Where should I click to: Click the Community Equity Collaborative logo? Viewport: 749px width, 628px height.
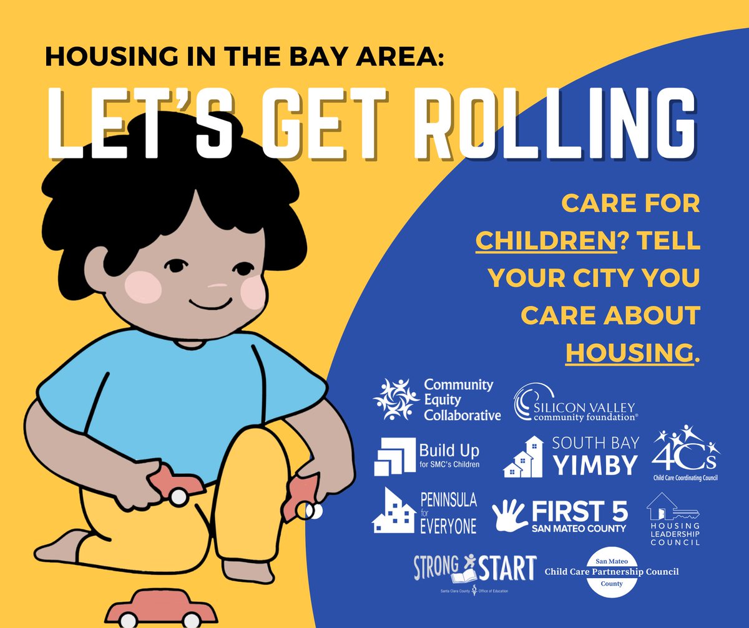436,400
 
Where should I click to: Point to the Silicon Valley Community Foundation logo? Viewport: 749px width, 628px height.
575,403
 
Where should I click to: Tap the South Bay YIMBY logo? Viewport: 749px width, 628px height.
571,455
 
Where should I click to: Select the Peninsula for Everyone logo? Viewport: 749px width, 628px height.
424,512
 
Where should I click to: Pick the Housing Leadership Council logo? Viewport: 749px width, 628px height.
673,519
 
